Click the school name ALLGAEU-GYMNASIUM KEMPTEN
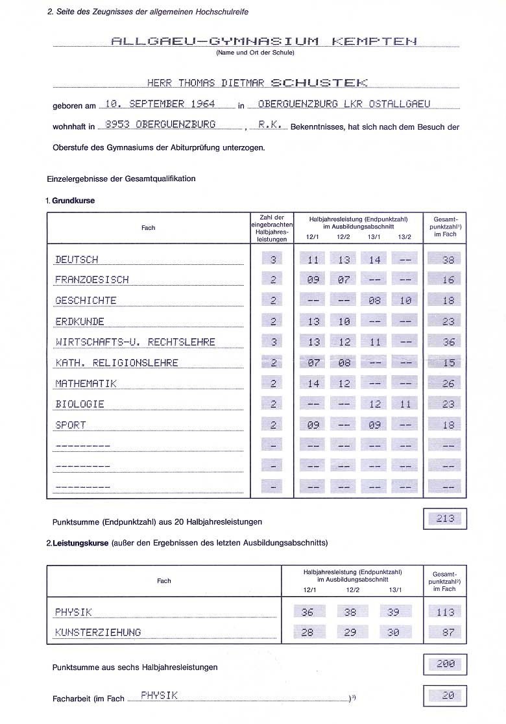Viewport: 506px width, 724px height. point(264,41)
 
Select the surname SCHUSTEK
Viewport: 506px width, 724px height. point(319,82)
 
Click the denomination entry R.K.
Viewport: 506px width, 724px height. point(270,125)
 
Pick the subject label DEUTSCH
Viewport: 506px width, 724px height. point(77,260)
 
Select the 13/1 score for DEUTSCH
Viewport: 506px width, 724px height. point(374,260)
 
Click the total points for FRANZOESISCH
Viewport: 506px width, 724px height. point(448,280)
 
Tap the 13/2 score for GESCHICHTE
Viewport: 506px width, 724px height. point(405,301)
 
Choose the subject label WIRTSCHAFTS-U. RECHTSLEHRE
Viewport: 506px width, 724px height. point(135,342)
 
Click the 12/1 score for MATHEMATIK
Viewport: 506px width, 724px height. point(313,384)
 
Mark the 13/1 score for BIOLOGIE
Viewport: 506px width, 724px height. point(374,404)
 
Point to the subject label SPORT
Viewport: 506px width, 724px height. point(70,425)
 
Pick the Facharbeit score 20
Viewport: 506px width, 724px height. point(448,695)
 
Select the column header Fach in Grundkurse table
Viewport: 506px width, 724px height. point(148,228)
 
